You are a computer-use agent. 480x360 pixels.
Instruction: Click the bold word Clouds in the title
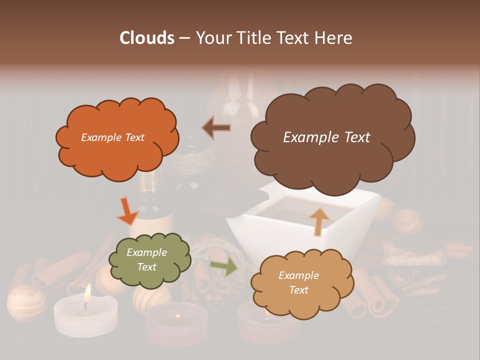tap(146, 38)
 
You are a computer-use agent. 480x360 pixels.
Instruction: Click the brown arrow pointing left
tap(216, 128)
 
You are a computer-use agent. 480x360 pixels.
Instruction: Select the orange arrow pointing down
tap(127, 211)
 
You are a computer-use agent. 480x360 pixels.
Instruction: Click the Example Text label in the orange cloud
tap(112, 137)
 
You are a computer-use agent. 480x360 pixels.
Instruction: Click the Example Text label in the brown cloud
tap(326, 137)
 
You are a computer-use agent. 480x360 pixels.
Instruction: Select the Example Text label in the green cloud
tap(146, 259)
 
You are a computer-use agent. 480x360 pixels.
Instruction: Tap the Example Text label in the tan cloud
tap(298, 282)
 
